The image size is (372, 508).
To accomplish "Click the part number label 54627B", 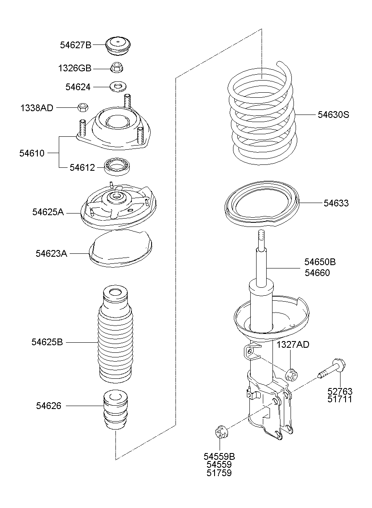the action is pyautogui.click(x=76, y=45).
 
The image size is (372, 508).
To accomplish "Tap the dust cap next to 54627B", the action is pyautogui.click(x=118, y=46).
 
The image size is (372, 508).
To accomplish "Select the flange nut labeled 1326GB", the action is pyautogui.click(x=117, y=68).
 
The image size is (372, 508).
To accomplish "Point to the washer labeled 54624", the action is pyautogui.click(x=118, y=87).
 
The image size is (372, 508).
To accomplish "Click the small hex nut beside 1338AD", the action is pyautogui.click(x=83, y=107).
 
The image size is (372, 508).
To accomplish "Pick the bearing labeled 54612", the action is pyautogui.click(x=117, y=167).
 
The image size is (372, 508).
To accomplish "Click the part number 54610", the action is pyautogui.click(x=32, y=153).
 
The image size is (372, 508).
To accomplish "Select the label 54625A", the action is pyautogui.click(x=48, y=212).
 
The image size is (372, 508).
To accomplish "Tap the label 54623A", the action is pyautogui.click(x=52, y=253).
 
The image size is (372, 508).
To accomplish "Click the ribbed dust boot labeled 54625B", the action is pyautogui.click(x=115, y=336).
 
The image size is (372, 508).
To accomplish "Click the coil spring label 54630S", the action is pyautogui.click(x=333, y=115).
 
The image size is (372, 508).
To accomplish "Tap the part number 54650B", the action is pyautogui.click(x=320, y=262).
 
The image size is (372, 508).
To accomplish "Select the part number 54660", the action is pyautogui.click(x=317, y=273).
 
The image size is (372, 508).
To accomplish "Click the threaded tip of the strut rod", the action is pyautogui.click(x=262, y=237).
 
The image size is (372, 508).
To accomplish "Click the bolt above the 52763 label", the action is pyautogui.click(x=332, y=369).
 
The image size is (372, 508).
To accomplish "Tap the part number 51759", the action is pyautogui.click(x=219, y=473).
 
